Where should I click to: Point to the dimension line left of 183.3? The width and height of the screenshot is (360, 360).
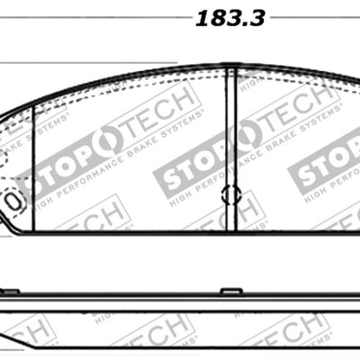tap(99, 17)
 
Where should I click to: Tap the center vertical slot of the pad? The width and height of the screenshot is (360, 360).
tap(236, 144)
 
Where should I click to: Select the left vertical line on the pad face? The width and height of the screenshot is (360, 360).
tap(33, 162)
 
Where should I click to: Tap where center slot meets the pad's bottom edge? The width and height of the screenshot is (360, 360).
tap(236, 229)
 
